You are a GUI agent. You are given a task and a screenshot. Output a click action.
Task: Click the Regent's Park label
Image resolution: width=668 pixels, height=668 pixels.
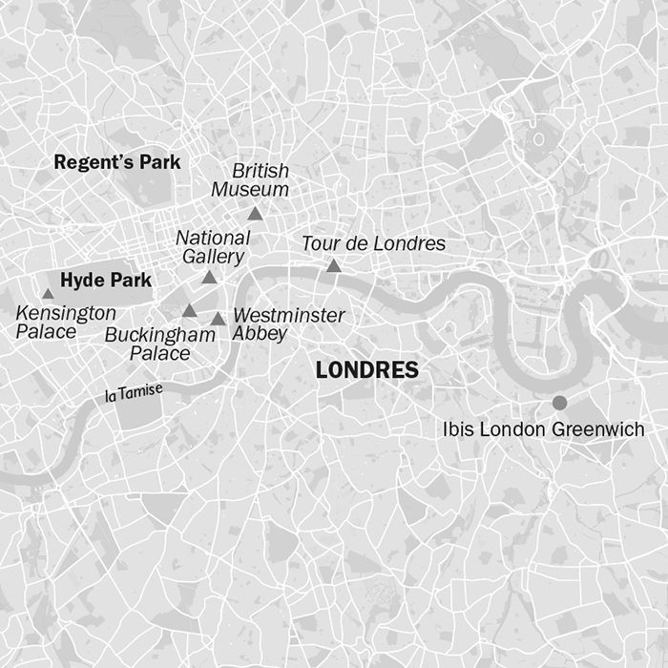116,162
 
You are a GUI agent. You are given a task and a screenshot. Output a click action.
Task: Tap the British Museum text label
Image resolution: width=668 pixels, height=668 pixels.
261,180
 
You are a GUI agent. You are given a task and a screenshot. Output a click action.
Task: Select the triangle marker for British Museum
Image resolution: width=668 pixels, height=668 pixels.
255,215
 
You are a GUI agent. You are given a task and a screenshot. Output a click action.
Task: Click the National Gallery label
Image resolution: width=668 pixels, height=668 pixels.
213,246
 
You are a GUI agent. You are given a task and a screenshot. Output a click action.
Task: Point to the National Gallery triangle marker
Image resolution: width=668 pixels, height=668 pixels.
209,278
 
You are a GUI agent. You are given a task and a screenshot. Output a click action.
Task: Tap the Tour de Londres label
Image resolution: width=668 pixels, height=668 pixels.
373,244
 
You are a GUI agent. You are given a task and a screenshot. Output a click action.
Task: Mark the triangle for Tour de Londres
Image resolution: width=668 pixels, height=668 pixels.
333,266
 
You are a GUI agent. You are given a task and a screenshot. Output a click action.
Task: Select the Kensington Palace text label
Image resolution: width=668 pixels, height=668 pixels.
66,323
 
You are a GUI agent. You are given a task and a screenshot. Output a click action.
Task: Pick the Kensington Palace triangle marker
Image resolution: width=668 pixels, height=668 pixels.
48,294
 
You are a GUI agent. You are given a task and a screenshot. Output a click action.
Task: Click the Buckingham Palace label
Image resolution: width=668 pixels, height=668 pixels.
159,344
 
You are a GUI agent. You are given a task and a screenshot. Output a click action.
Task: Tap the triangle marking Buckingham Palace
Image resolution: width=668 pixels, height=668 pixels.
190,311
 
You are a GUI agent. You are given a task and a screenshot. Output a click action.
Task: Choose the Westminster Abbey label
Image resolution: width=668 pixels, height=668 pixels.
288,324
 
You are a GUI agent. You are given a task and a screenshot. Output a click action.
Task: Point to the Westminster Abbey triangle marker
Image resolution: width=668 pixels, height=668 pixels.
219,319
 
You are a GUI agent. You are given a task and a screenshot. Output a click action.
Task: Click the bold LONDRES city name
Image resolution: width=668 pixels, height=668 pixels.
366,370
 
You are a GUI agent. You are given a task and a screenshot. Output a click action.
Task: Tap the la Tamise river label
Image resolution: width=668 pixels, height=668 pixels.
135,390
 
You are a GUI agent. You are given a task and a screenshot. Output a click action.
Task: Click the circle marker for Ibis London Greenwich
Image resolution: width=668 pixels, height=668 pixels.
559,403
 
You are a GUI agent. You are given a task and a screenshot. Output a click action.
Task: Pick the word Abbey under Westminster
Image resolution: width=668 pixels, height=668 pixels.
260,334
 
